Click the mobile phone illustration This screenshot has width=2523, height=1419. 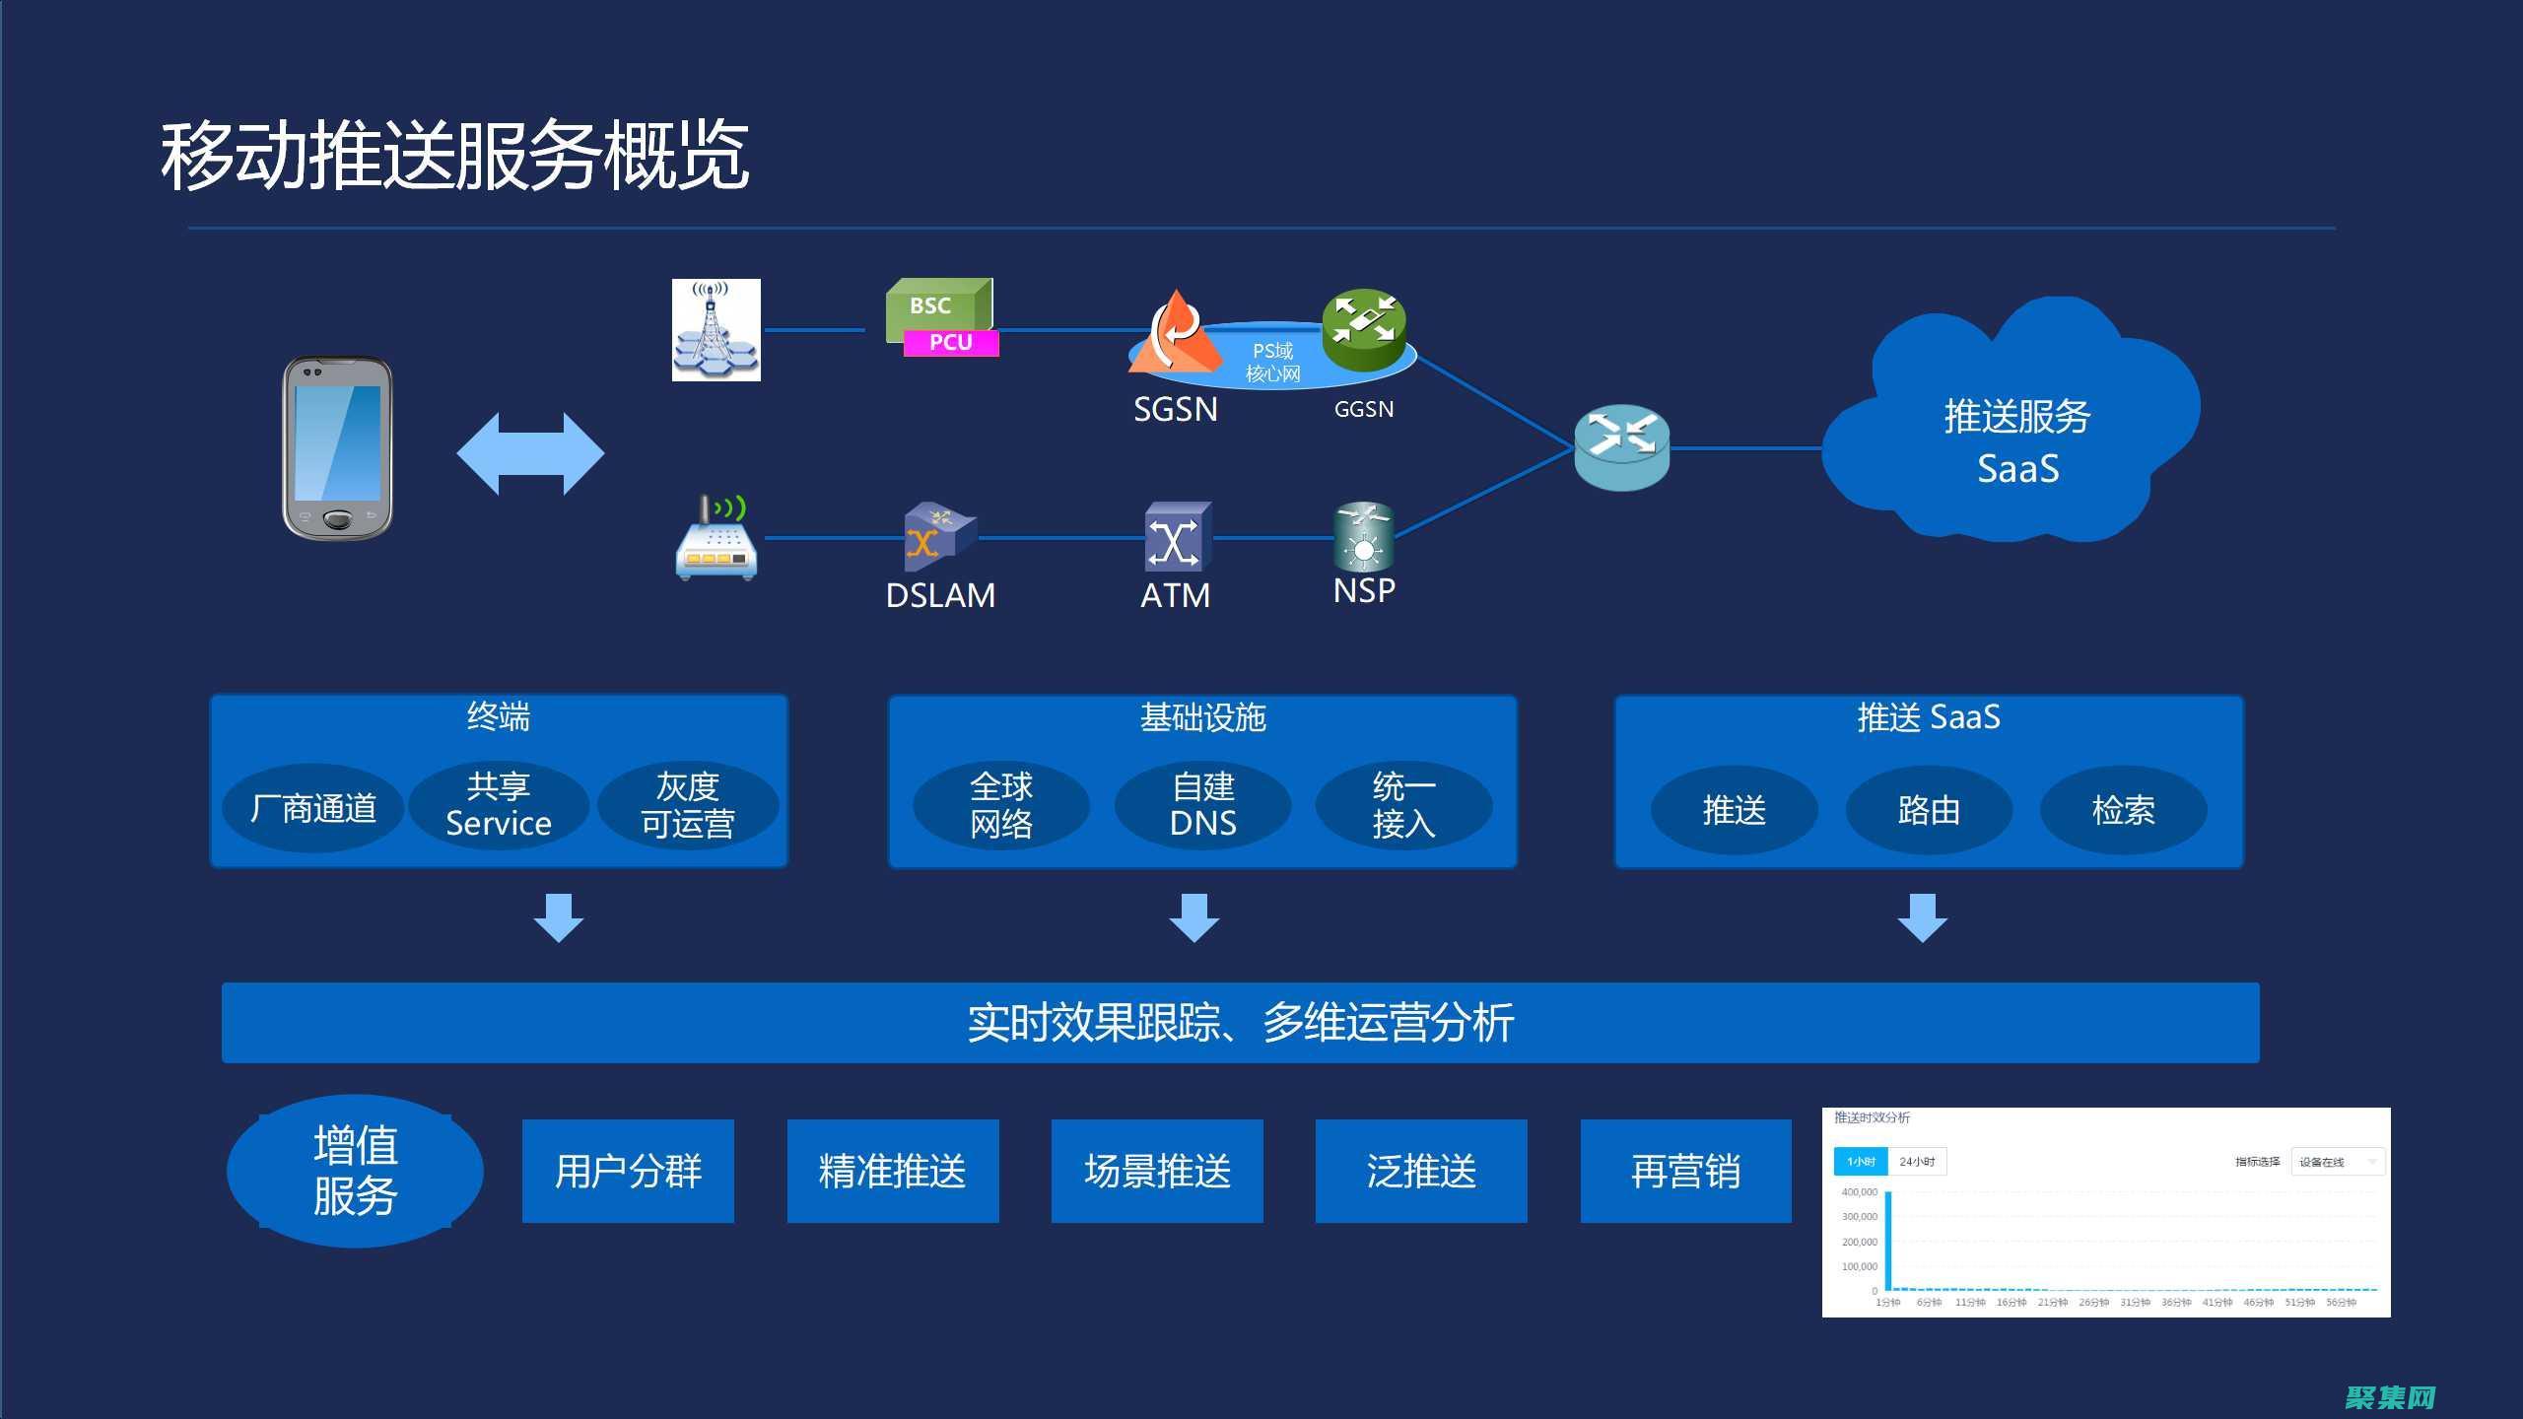point(338,448)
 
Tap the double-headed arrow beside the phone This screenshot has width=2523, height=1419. point(530,453)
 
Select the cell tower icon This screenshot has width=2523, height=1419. point(716,330)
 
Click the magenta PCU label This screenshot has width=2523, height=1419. point(951,342)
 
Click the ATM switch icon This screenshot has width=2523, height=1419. point(1177,538)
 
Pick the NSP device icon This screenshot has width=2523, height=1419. point(1364,537)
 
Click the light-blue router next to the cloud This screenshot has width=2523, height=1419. point(1621,447)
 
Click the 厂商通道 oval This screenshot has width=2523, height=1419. point(313,808)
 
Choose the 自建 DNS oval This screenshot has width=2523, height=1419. point(1202,805)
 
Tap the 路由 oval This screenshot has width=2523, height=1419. point(1929,810)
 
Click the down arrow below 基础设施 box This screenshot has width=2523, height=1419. point(1194,918)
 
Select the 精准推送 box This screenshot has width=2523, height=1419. point(893,1171)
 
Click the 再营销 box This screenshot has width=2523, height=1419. point(1685,1171)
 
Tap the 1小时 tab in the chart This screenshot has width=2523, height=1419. point(1860,1162)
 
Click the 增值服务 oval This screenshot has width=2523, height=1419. point(355,1171)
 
